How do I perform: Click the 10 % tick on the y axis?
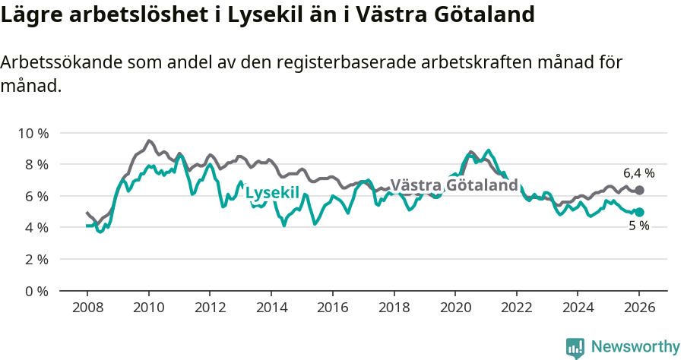tap(33, 134)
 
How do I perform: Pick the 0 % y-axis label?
tap(36, 291)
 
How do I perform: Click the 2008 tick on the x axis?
tap(87, 308)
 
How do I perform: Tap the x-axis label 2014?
tap(271, 308)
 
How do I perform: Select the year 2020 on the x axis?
tap(454, 308)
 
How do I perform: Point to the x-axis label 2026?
tap(638, 308)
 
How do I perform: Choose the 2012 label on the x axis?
tap(209, 308)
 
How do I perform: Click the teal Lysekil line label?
tap(272, 193)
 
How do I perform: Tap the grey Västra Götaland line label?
tap(454, 185)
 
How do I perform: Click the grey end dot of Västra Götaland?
tap(639, 190)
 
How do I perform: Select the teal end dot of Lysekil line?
tap(639, 213)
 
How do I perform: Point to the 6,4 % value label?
tap(638, 173)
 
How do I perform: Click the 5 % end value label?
tap(638, 226)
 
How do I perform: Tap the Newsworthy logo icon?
tap(575, 347)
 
